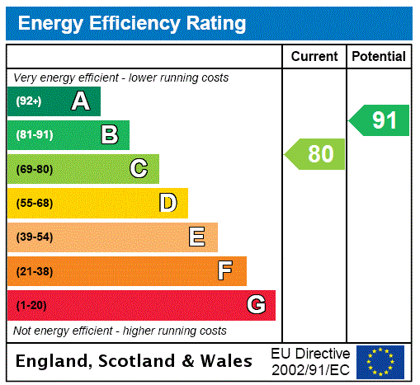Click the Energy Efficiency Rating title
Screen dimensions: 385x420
coord(132,23)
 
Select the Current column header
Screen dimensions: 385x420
coord(314,56)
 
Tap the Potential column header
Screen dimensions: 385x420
coord(379,56)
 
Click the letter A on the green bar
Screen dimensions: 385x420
coord(80,101)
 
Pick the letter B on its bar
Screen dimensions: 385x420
coord(109,134)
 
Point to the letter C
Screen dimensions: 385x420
coord(139,169)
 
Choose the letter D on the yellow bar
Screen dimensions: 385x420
coord(168,203)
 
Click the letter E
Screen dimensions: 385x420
coord(197,237)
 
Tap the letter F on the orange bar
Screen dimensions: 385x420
coord(225,271)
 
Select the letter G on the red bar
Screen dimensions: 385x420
coord(256,305)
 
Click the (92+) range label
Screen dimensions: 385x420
coord(29,101)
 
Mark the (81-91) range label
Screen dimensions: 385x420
coord(35,134)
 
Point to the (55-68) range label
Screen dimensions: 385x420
coord(35,203)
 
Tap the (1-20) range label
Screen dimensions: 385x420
coord(31,305)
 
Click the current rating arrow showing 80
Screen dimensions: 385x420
coord(316,153)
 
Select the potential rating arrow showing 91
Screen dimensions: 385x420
coord(380,120)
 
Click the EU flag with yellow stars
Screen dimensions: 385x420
coord(380,361)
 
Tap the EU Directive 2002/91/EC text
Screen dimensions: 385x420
coord(310,361)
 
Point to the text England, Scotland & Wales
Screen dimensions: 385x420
coord(134,361)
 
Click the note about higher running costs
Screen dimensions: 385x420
coord(120,331)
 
